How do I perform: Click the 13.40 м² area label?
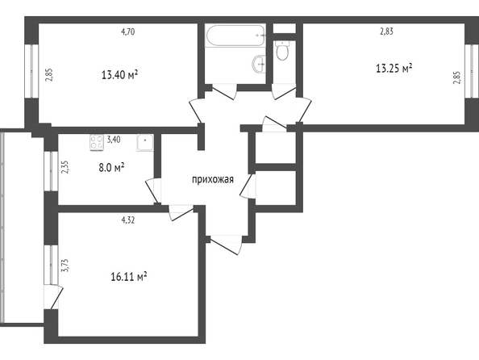[x=119, y=74]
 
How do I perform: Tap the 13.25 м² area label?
[x=394, y=69]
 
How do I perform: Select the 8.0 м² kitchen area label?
[x=111, y=168]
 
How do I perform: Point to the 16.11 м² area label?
[x=128, y=277]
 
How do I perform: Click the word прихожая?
[x=213, y=179]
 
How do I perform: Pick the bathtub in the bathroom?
[x=235, y=36]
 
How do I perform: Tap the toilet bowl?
[x=282, y=51]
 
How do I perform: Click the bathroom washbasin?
[x=259, y=64]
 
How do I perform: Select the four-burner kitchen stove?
[x=97, y=143]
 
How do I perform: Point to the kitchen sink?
[x=145, y=143]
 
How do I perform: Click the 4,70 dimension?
[x=128, y=31]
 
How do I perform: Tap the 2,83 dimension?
[x=386, y=31]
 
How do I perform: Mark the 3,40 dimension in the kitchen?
[x=114, y=140]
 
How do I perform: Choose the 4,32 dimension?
[x=128, y=220]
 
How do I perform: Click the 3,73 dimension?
[x=65, y=266]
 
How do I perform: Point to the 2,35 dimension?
[x=65, y=167]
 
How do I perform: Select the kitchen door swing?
[x=152, y=190]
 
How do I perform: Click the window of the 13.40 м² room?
[x=31, y=71]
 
